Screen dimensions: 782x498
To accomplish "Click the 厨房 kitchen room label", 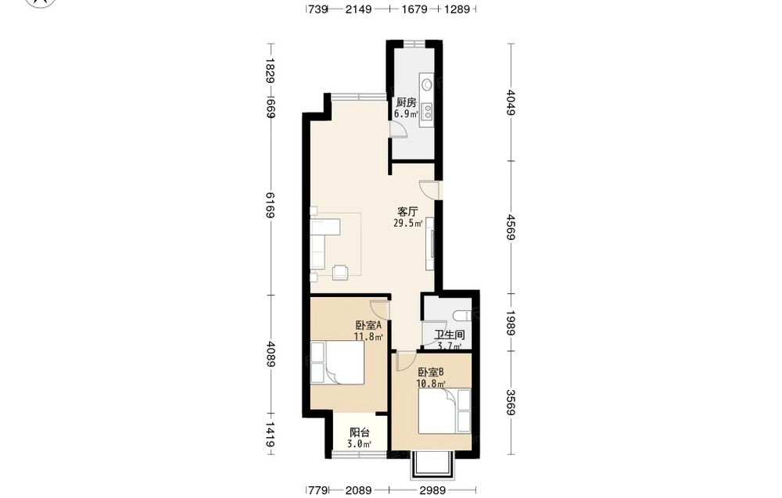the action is point(406,102).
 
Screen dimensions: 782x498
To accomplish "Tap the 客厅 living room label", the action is point(407,212).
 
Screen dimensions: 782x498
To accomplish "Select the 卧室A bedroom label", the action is point(368,325).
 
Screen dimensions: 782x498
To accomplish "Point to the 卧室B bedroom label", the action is point(431,372).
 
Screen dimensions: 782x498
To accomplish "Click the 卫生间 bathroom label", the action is point(450,335).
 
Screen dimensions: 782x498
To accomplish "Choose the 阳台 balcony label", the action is point(359,432).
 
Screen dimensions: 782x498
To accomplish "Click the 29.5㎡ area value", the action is point(408,224).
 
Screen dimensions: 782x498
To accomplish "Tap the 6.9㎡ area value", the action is point(405,113).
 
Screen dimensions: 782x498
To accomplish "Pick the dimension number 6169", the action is point(271,205).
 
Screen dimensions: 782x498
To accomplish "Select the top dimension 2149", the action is point(359,9).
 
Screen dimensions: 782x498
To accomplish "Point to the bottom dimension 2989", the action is point(432,490).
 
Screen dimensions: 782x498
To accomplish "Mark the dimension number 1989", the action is point(510,323).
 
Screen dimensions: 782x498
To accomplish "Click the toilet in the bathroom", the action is point(462,316).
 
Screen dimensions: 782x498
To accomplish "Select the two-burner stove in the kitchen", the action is point(427,112).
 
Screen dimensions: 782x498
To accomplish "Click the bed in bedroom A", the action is point(337,363).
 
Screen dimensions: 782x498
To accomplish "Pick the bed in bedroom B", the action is point(445,411).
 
